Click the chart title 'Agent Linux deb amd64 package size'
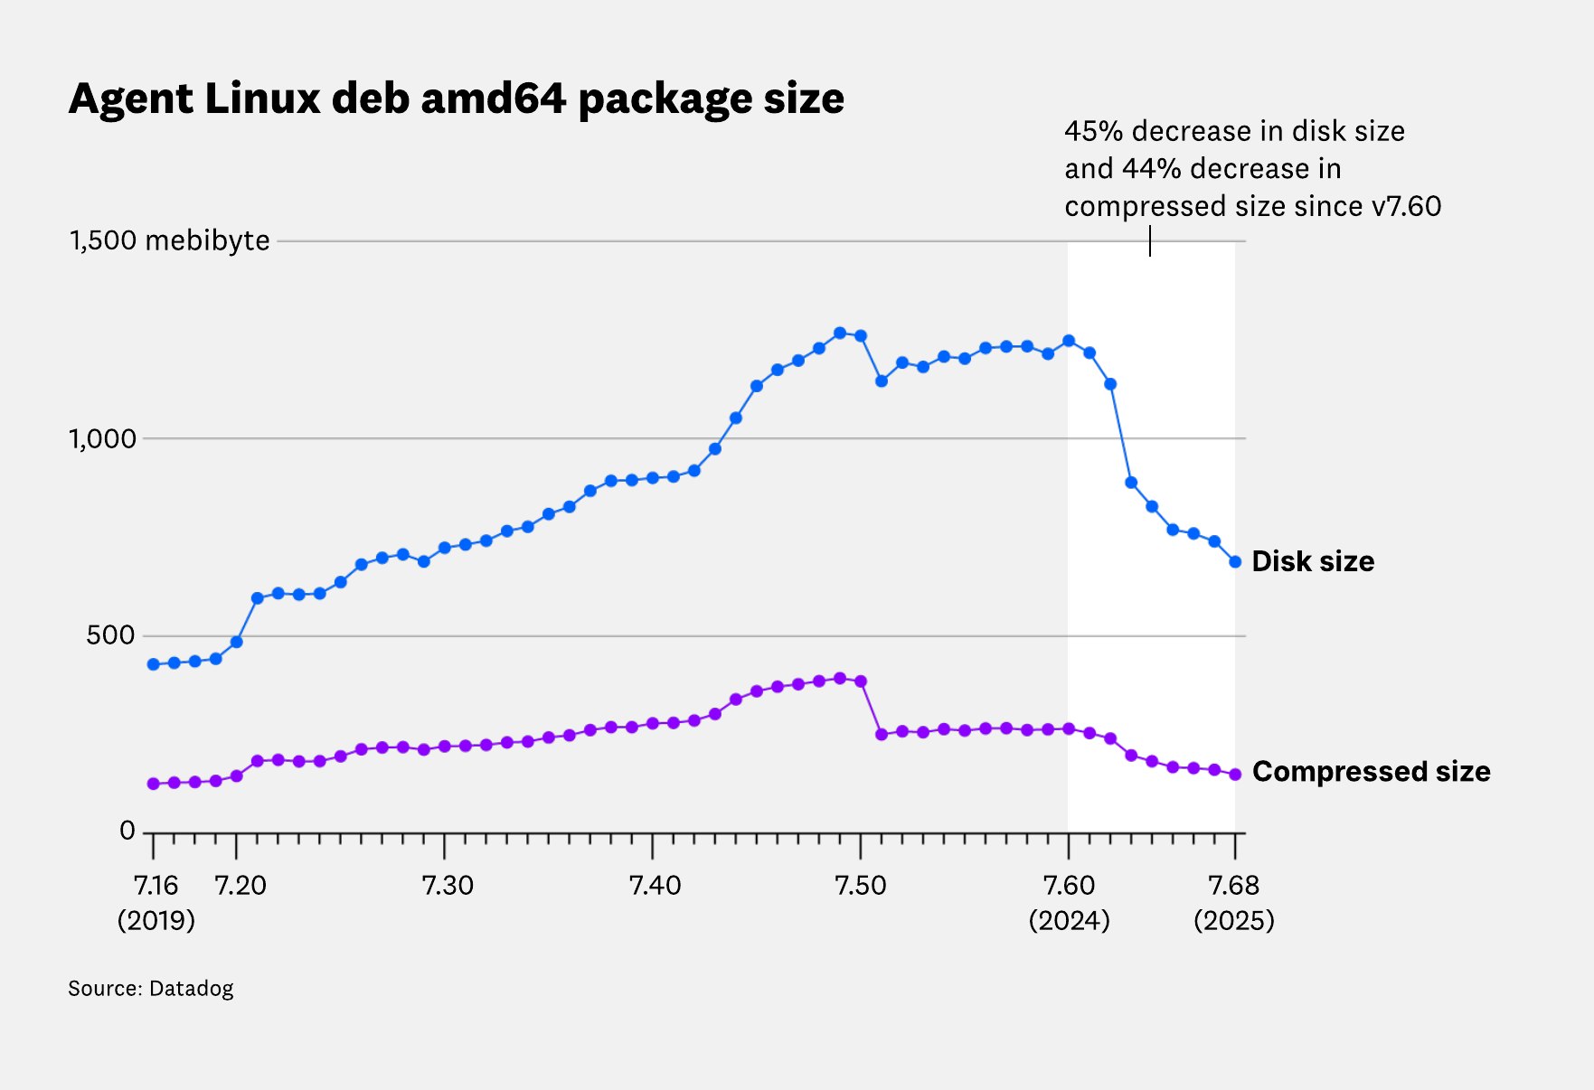(457, 99)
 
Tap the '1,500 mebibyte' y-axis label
(169, 240)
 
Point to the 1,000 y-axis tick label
(102, 439)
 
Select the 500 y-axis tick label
(110, 636)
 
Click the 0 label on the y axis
(127, 832)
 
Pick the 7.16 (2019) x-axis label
(156, 902)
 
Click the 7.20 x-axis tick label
(241, 885)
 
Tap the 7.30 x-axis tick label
(448, 885)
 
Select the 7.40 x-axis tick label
(655, 885)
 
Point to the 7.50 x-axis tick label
(861, 885)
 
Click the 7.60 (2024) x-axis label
(1069, 902)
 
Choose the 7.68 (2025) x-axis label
(1234, 902)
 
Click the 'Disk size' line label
(1313, 561)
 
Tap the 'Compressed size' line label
(1371, 772)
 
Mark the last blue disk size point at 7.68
(1235, 562)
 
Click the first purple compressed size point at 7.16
(153, 784)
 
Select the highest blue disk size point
(839, 333)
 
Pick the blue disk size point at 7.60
(1069, 341)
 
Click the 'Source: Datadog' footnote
(150, 988)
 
